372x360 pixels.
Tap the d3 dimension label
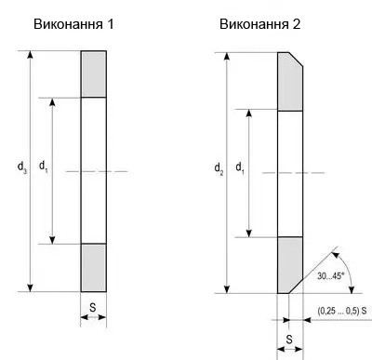pyautogui.click(x=21, y=167)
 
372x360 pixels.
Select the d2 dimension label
pyautogui.click(x=219, y=168)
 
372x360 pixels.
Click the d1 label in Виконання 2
pyautogui.click(x=240, y=168)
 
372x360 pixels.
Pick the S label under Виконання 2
pyautogui.click(x=288, y=338)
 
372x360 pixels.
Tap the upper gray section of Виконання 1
pyautogui.click(x=94, y=73)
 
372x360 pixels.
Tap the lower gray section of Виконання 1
pyautogui.click(x=94, y=267)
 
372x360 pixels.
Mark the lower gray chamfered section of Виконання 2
pyautogui.click(x=289, y=264)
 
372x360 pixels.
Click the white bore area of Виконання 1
pyautogui.click(x=94, y=169)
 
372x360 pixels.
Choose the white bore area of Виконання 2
pyautogui.click(x=290, y=173)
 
